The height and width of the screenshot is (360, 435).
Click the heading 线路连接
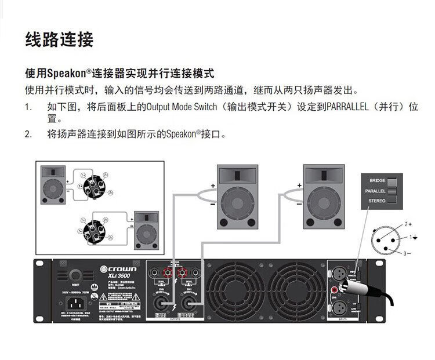pyautogui.click(x=59, y=39)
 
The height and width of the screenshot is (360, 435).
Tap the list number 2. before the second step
pyautogui.click(x=28, y=134)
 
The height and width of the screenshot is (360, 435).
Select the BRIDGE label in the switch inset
pyautogui.click(x=377, y=181)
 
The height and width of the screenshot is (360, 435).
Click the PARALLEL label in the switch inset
pyautogui.click(x=375, y=191)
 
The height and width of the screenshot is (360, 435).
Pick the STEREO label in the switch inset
pyautogui.click(x=376, y=201)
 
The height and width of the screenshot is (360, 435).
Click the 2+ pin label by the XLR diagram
pyautogui.click(x=408, y=223)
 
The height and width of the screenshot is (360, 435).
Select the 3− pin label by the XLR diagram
pyautogui.click(x=408, y=253)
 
